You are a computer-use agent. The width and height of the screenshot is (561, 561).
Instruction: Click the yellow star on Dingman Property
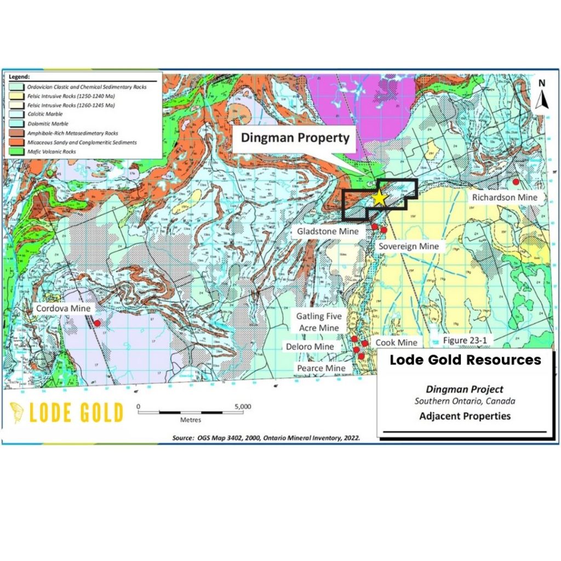click(379, 198)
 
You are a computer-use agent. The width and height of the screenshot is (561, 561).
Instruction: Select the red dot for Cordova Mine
click(97, 323)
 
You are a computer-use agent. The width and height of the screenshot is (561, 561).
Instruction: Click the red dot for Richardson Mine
click(515, 181)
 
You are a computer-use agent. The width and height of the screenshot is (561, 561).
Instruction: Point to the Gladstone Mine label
click(328, 231)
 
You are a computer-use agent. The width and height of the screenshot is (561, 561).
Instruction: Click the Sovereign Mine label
click(409, 246)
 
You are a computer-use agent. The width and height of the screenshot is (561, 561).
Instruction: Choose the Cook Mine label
click(396, 342)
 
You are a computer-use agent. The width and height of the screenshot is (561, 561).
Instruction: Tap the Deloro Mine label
click(310, 347)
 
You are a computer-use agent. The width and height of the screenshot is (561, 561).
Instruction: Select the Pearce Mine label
click(321, 368)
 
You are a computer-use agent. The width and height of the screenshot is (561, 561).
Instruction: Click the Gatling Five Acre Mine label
click(319, 322)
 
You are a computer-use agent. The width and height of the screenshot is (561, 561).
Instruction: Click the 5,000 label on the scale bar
click(242, 407)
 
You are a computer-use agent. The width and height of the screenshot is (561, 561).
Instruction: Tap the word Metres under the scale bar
click(190, 420)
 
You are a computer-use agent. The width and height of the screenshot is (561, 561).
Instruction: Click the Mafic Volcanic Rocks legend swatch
click(14, 151)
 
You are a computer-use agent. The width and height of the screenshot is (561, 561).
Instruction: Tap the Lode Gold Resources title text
click(465, 360)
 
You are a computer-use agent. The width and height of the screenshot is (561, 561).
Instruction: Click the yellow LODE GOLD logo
click(66, 413)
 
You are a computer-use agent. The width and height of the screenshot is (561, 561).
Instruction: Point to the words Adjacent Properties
click(465, 416)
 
